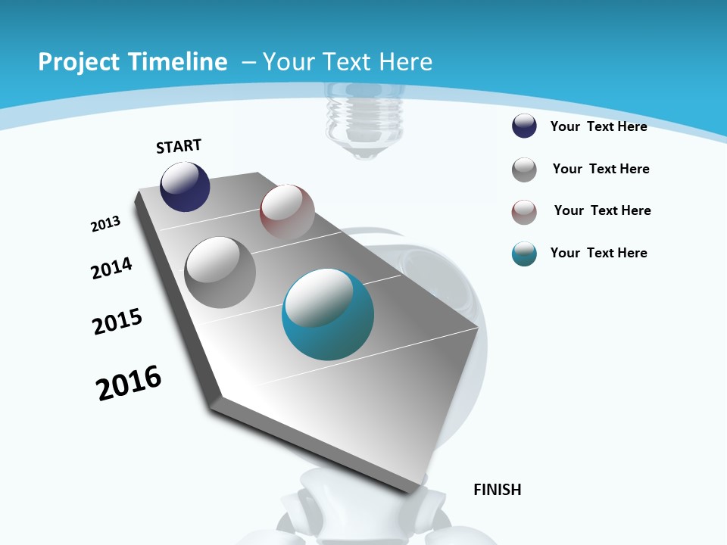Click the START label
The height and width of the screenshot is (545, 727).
point(179,146)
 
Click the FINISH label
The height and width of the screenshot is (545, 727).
point(498,490)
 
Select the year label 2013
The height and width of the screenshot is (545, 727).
point(105,224)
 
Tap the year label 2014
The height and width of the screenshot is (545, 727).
point(111,268)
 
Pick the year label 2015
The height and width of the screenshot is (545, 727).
point(117,321)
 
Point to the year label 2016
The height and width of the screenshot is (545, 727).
point(129,382)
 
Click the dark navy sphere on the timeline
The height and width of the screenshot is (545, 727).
point(185,186)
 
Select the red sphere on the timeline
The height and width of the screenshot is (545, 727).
point(287,211)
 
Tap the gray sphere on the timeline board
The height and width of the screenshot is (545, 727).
point(220,272)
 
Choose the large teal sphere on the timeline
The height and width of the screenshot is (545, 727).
point(328,314)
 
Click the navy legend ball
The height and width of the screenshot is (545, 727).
point(524,126)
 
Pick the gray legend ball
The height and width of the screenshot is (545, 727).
point(524,170)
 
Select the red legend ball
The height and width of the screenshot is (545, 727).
point(524,211)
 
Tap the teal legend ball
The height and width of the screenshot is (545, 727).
point(524,254)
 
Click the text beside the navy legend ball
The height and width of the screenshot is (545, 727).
point(598,126)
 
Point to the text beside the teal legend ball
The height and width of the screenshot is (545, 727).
point(598,253)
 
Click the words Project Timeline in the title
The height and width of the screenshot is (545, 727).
point(133,62)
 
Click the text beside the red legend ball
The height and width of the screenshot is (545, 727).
point(602,210)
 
